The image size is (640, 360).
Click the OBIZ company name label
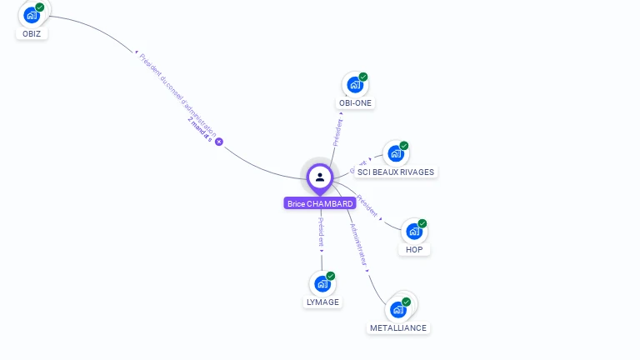pos(32,34)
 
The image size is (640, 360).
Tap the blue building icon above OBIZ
pos(32,15)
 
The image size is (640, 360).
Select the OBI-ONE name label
pos(356,103)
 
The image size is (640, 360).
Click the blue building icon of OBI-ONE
pos(355,85)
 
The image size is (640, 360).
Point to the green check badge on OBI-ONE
pos(363,77)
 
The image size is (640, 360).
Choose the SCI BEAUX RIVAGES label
pos(396,172)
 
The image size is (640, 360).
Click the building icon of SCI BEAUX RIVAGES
pos(395,153)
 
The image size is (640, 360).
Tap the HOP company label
pos(414,249)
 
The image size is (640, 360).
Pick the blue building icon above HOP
pos(413,231)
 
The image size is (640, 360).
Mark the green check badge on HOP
pos(422,223)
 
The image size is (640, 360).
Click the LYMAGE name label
pos(322,302)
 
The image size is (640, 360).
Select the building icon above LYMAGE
pos(322,283)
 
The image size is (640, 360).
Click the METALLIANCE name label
pos(398,327)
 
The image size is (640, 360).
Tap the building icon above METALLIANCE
pos(398,309)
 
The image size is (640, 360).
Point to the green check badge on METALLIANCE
pos(407,302)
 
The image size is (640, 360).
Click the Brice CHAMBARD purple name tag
pos(320,203)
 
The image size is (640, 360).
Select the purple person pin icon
pos(320,177)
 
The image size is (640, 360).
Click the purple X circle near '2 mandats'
pos(219,142)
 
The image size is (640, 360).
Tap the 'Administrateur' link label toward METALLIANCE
pos(358,243)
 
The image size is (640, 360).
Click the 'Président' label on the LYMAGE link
pos(322,232)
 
